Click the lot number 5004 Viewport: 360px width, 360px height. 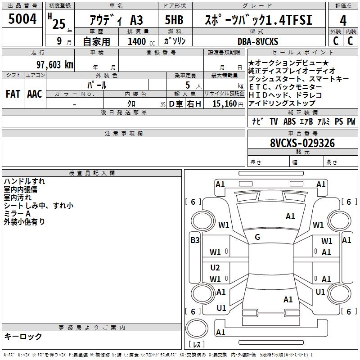pyautogui.click(x=22, y=19)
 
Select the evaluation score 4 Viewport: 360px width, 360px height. pyautogui.click(x=343, y=21)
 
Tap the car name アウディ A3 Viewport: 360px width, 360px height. pyautogui.click(x=117, y=21)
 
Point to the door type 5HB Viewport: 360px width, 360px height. pyautogui.click(x=174, y=21)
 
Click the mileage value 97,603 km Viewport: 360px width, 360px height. pyautogui.click(x=54, y=64)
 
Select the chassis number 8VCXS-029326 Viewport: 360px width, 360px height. pyautogui.click(x=302, y=144)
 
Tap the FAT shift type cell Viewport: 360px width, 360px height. pyautogui.click(x=12, y=94)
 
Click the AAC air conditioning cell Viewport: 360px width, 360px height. pyautogui.click(x=35, y=94)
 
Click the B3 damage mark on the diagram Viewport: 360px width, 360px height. pyautogui.click(x=194, y=240)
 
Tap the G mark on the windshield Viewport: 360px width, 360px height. pyautogui.click(x=257, y=237)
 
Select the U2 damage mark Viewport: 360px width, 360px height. pyautogui.click(x=215, y=268)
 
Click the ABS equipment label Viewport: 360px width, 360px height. pyautogui.click(x=290, y=121)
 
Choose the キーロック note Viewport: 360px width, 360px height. pyautogui.click(x=23, y=337)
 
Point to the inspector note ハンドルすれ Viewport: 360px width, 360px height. pyautogui.click(x=24, y=181)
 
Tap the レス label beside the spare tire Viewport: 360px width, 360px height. pyautogui.click(x=197, y=345)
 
